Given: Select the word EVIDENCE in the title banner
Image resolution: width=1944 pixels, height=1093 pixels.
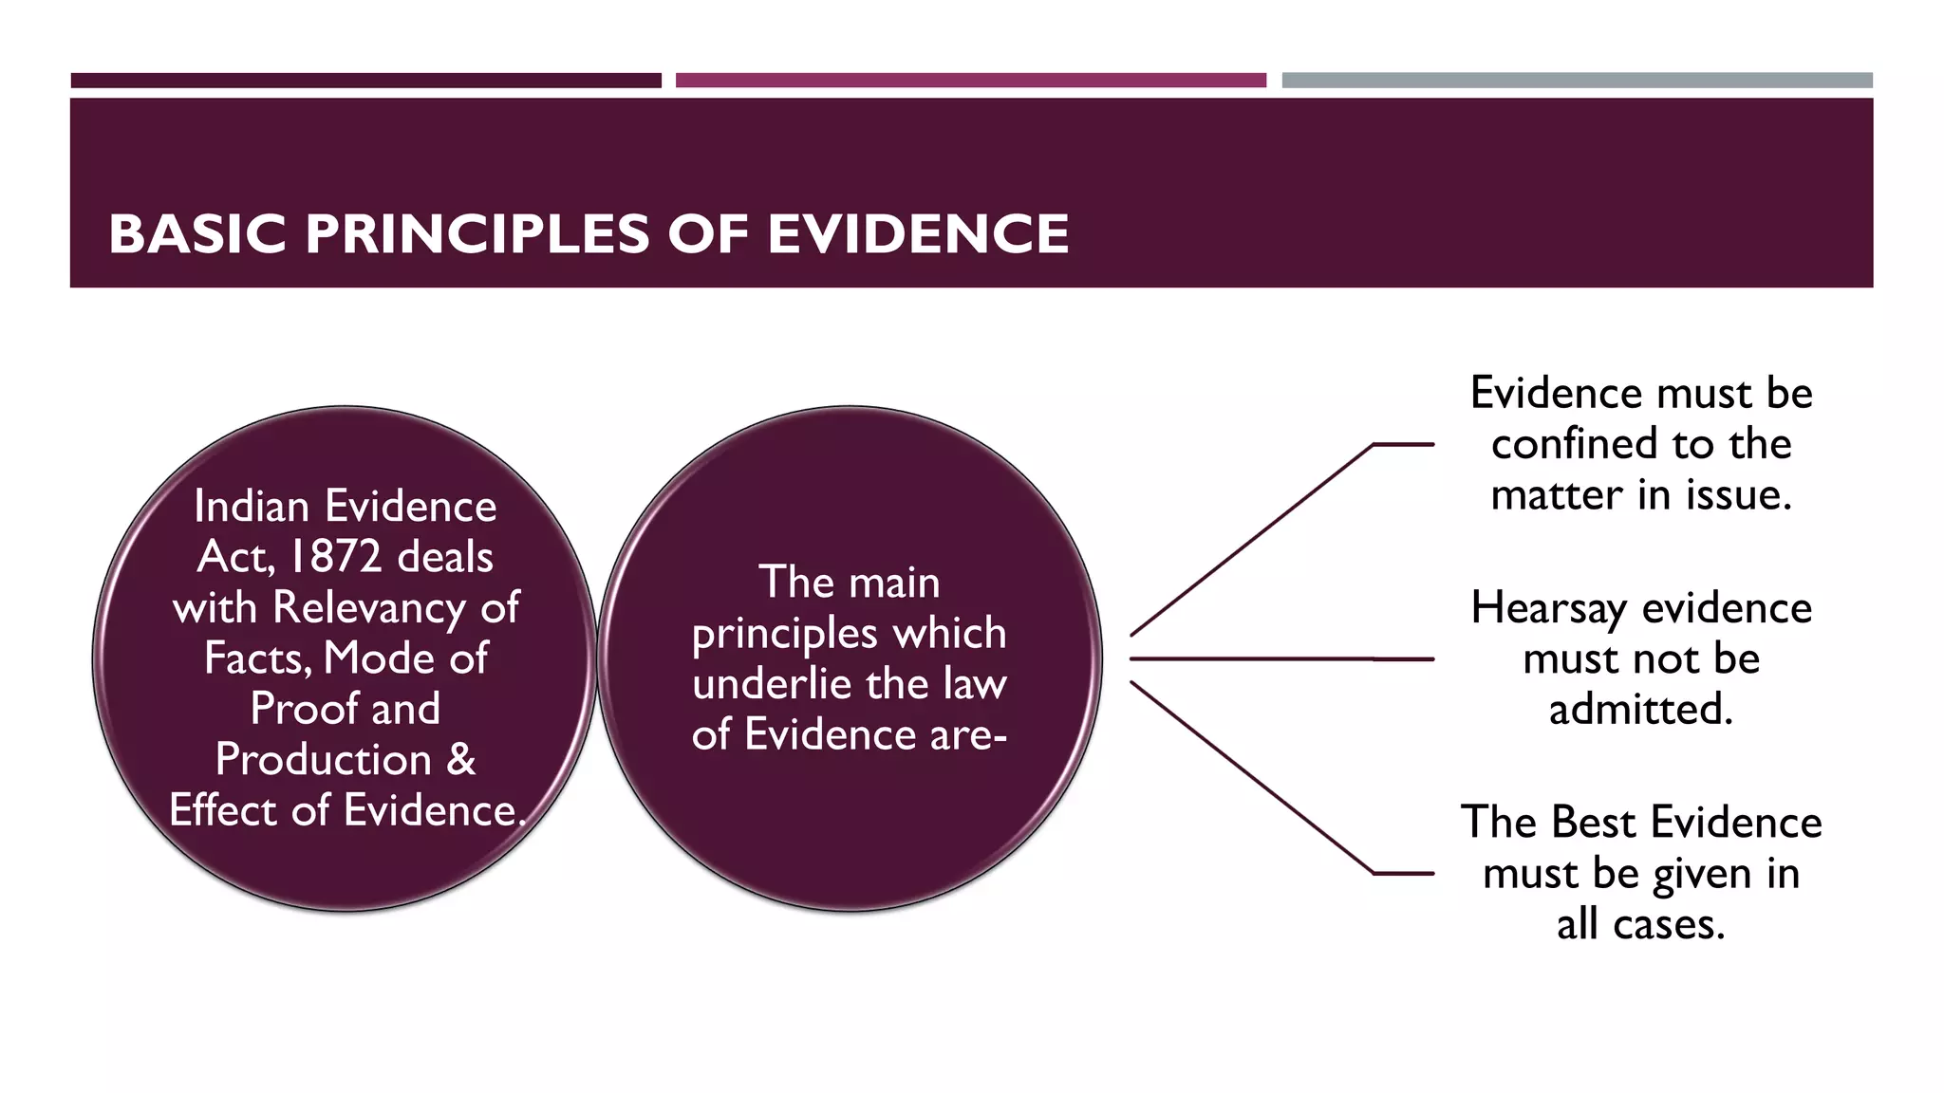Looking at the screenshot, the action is (918, 234).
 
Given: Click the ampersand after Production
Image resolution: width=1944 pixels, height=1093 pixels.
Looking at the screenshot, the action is (461, 759).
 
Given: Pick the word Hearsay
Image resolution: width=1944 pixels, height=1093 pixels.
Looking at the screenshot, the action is (1548, 608).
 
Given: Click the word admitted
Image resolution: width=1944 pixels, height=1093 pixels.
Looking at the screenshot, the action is (1640, 710).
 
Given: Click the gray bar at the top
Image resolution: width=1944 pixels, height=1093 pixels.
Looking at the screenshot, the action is (1577, 81).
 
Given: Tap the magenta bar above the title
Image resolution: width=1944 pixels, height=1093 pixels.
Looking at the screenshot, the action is (970, 81).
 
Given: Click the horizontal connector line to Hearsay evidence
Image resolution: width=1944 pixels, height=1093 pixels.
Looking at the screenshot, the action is (1281, 658).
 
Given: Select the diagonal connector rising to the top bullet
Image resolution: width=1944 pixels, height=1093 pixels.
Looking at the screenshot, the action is (1253, 539).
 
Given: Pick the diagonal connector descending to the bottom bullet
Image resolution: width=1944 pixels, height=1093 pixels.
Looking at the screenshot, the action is (1253, 777).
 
